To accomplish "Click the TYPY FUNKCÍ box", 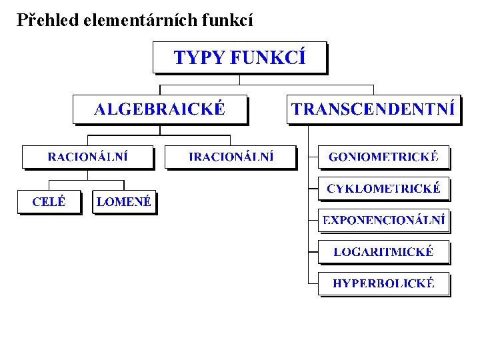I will click(240, 57).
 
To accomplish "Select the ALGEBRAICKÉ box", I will click(160, 109).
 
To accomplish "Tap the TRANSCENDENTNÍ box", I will click(374, 109).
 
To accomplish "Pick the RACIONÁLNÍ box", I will click(87, 157).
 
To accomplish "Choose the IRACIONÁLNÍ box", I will click(231, 157).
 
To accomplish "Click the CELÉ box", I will click(49, 202).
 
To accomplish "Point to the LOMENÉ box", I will click(124, 202).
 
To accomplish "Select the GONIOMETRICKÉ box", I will click(383, 157).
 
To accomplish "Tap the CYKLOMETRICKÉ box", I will click(383, 189).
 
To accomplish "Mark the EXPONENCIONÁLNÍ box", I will click(383, 220).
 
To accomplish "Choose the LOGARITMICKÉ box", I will click(383, 252).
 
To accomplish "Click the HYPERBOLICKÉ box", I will click(383, 283).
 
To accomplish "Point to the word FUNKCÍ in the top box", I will click(269, 57).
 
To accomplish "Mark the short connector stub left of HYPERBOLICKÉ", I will click(313, 283).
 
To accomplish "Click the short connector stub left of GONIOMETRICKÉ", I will click(313, 157).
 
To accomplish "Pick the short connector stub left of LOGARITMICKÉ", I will click(313, 252).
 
